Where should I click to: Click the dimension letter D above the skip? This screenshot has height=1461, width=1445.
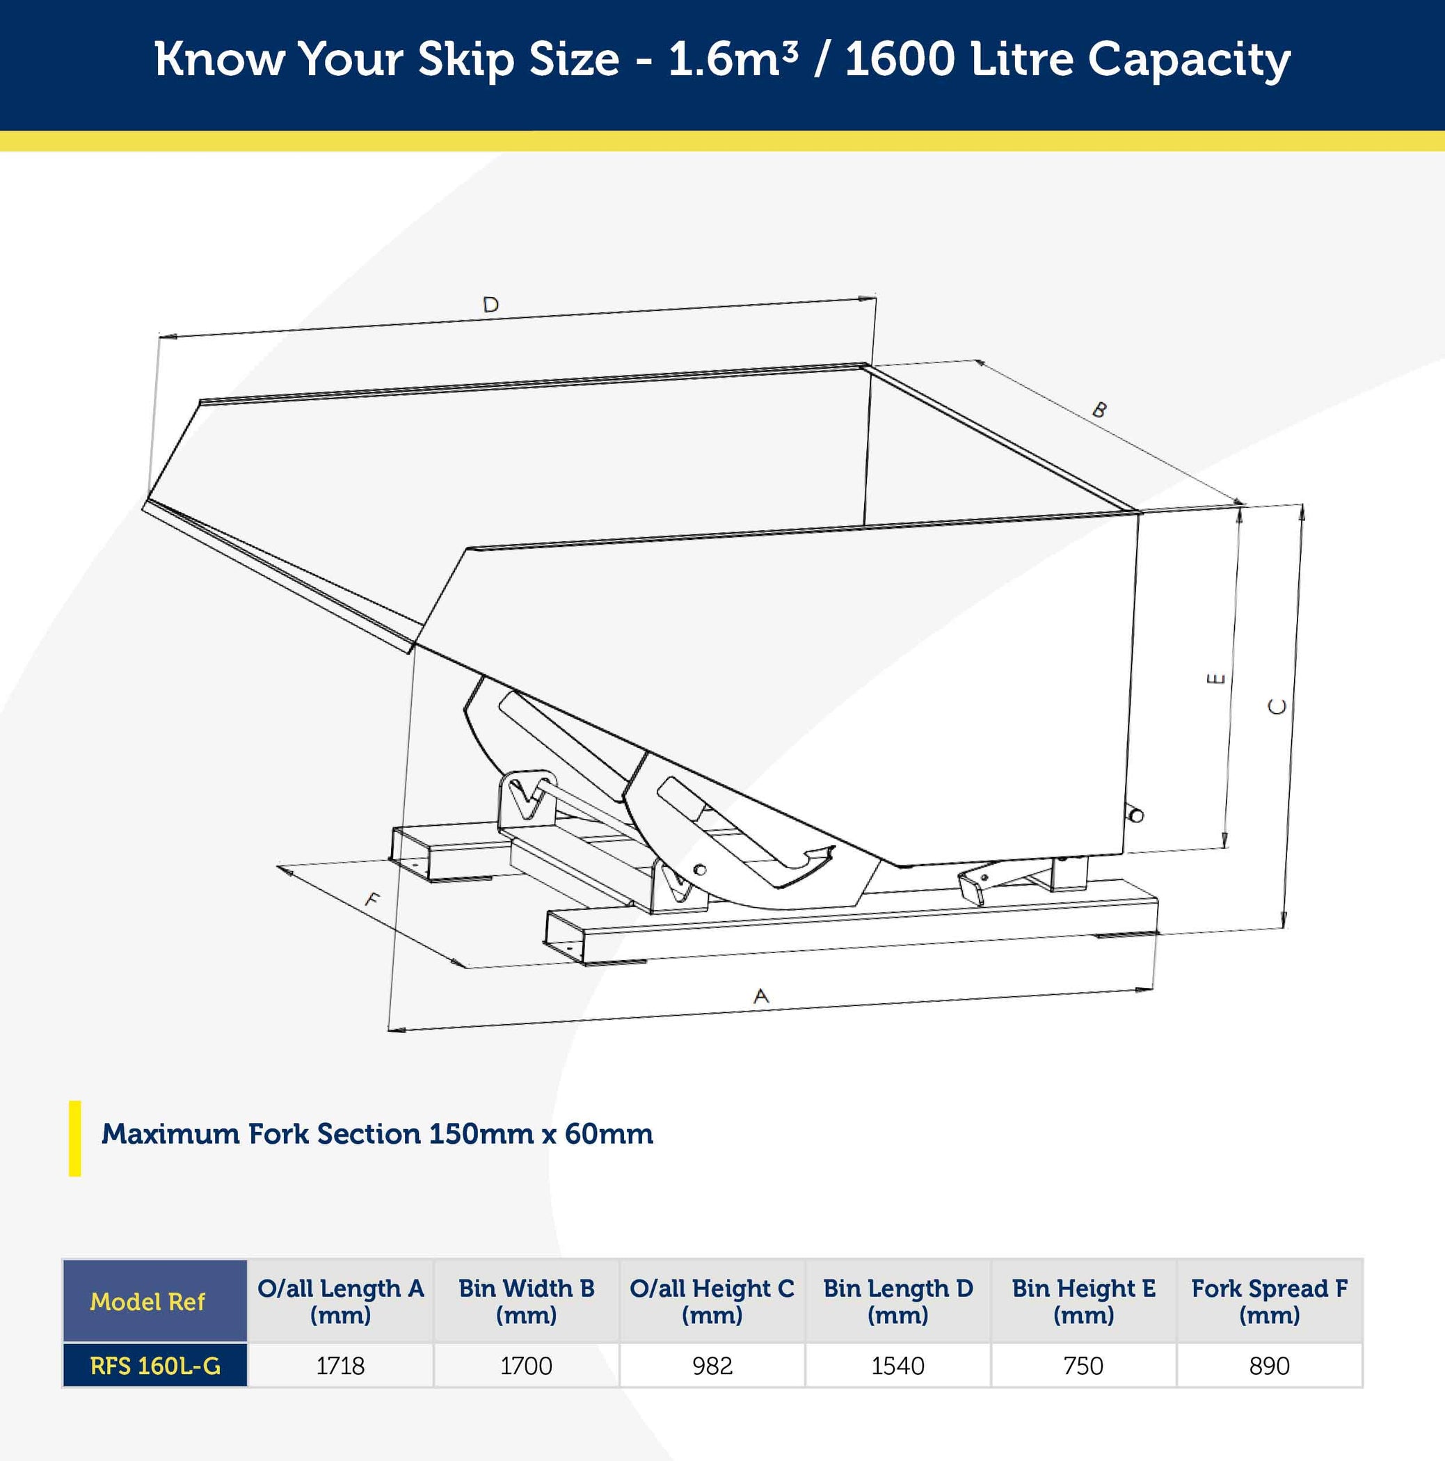tap(490, 305)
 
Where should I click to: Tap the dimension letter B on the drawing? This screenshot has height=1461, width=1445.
tap(1099, 410)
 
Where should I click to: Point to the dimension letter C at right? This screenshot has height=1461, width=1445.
tap(1277, 706)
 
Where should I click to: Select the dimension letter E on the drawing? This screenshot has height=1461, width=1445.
tap(1215, 678)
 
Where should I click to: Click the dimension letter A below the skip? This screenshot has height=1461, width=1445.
tap(761, 996)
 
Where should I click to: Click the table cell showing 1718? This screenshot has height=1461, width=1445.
tap(340, 1366)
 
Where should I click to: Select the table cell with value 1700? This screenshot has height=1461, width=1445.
tap(526, 1366)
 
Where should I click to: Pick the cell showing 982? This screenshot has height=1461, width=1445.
tap(712, 1366)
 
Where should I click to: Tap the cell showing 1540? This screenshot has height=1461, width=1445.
tap(897, 1366)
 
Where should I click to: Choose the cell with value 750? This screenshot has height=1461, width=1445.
tap(1083, 1366)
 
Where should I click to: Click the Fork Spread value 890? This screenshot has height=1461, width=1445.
tap(1270, 1366)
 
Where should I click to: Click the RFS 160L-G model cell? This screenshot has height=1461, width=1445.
tap(155, 1366)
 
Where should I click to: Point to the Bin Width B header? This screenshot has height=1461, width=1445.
tap(526, 1302)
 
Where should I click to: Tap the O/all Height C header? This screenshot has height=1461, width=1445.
tap(712, 1302)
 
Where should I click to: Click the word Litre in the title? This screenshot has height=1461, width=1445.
tap(1021, 59)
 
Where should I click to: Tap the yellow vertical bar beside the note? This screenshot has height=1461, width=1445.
tap(75, 1138)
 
